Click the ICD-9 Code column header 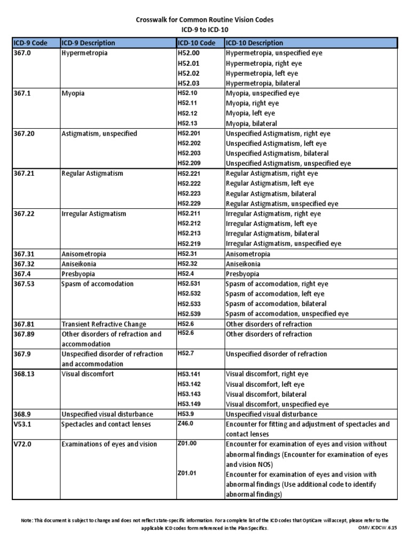pos(31,43)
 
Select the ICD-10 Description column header pos(255,43)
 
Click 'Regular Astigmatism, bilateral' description pos(271,193)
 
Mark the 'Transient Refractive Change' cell pos(104,324)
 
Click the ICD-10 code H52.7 pos(185,354)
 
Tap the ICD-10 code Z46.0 pos(185,424)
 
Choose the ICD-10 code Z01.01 pos(187,474)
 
